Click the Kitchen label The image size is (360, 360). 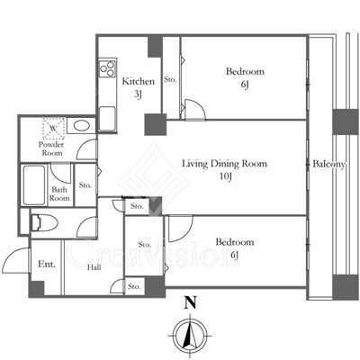[139, 81]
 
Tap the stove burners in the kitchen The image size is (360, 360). [107, 68]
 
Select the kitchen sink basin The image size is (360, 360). [107, 119]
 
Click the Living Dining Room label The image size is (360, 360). [225, 164]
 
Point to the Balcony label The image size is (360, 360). [328, 164]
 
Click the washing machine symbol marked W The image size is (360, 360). [54, 129]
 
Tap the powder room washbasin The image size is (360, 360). [81, 125]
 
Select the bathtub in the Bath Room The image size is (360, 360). [34, 184]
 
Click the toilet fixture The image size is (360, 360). [44, 223]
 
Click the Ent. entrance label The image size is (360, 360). [47, 265]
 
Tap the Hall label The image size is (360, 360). [94, 267]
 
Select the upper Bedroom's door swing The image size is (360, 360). [195, 110]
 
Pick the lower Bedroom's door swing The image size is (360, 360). [181, 229]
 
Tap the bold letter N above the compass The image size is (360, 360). [190, 302]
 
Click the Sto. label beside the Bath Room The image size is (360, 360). [85, 185]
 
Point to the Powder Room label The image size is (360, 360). [51, 148]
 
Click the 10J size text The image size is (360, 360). [226, 176]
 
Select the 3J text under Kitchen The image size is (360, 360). [138, 94]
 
